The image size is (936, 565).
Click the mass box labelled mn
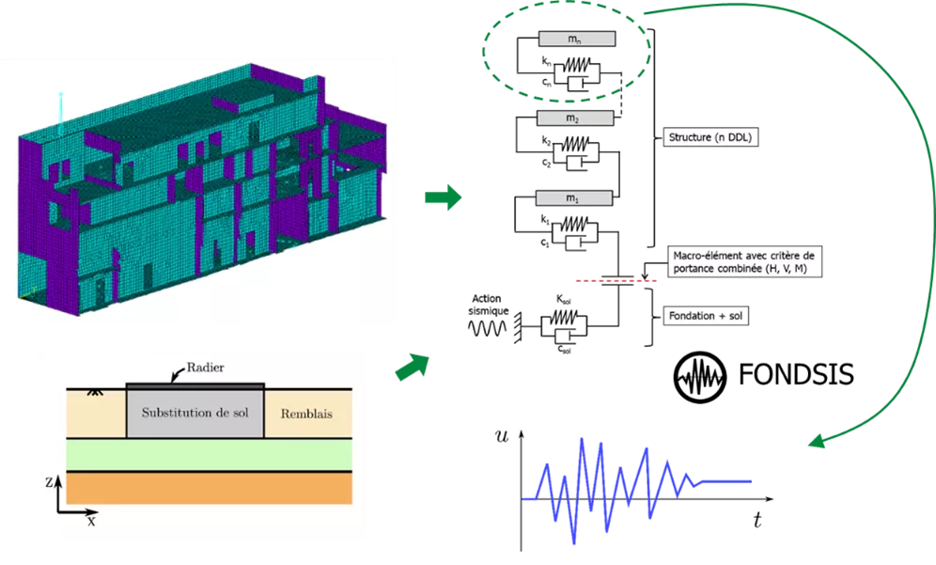(577, 39)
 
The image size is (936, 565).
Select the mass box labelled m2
(574, 118)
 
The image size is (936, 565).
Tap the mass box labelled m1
(574, 198)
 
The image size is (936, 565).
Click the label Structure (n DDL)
(711, 138)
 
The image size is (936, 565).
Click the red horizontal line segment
(616, 281)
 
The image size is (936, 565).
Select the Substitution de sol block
(195, 414)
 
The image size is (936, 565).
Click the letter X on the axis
(91, 520)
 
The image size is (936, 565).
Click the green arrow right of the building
(443, 198)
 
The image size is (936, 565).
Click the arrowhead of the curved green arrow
(818, 444)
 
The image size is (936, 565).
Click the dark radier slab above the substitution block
(195, 385)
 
